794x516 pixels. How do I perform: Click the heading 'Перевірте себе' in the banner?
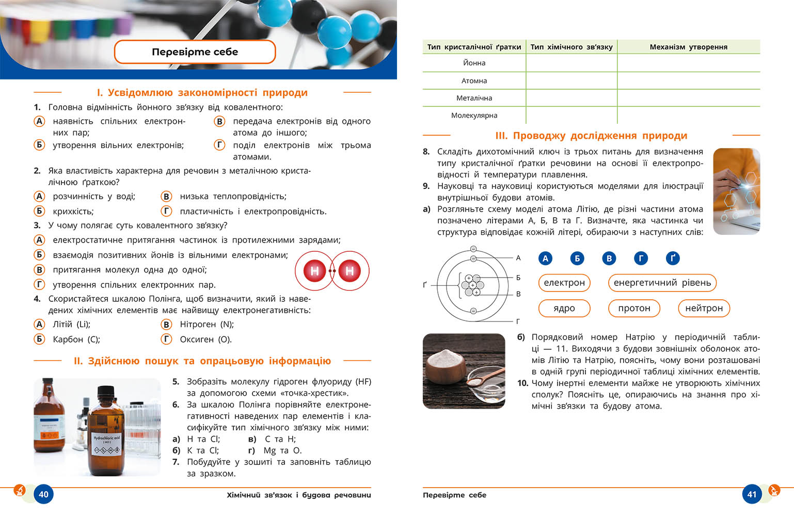(x=195, y=52)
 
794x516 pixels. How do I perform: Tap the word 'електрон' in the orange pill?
(x=564, y=283)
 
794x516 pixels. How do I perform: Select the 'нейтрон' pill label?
(x=704, y=308)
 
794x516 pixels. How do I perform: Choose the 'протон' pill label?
(x=634, y=308)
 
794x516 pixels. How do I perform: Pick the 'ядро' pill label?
(x=564, y=308)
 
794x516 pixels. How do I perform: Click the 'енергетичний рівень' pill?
(x=662, y=283)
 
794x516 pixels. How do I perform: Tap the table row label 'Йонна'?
(x=474, y=63)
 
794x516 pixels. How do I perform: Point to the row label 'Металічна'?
(x=474, y=98)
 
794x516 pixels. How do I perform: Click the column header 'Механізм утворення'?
(x=688, y=47)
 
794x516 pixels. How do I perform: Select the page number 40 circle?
(x=43, y=494)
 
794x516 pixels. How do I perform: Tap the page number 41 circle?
(x=752, y=494)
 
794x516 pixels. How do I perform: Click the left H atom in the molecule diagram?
(x=315, y=270)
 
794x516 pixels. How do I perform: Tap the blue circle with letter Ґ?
(x=672, y=258)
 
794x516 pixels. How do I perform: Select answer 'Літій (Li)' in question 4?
(x=71, y=325)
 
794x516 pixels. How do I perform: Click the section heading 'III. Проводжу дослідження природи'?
(x=591, y=136)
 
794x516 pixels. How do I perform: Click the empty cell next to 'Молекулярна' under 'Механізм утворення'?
(x=688, y=116)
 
